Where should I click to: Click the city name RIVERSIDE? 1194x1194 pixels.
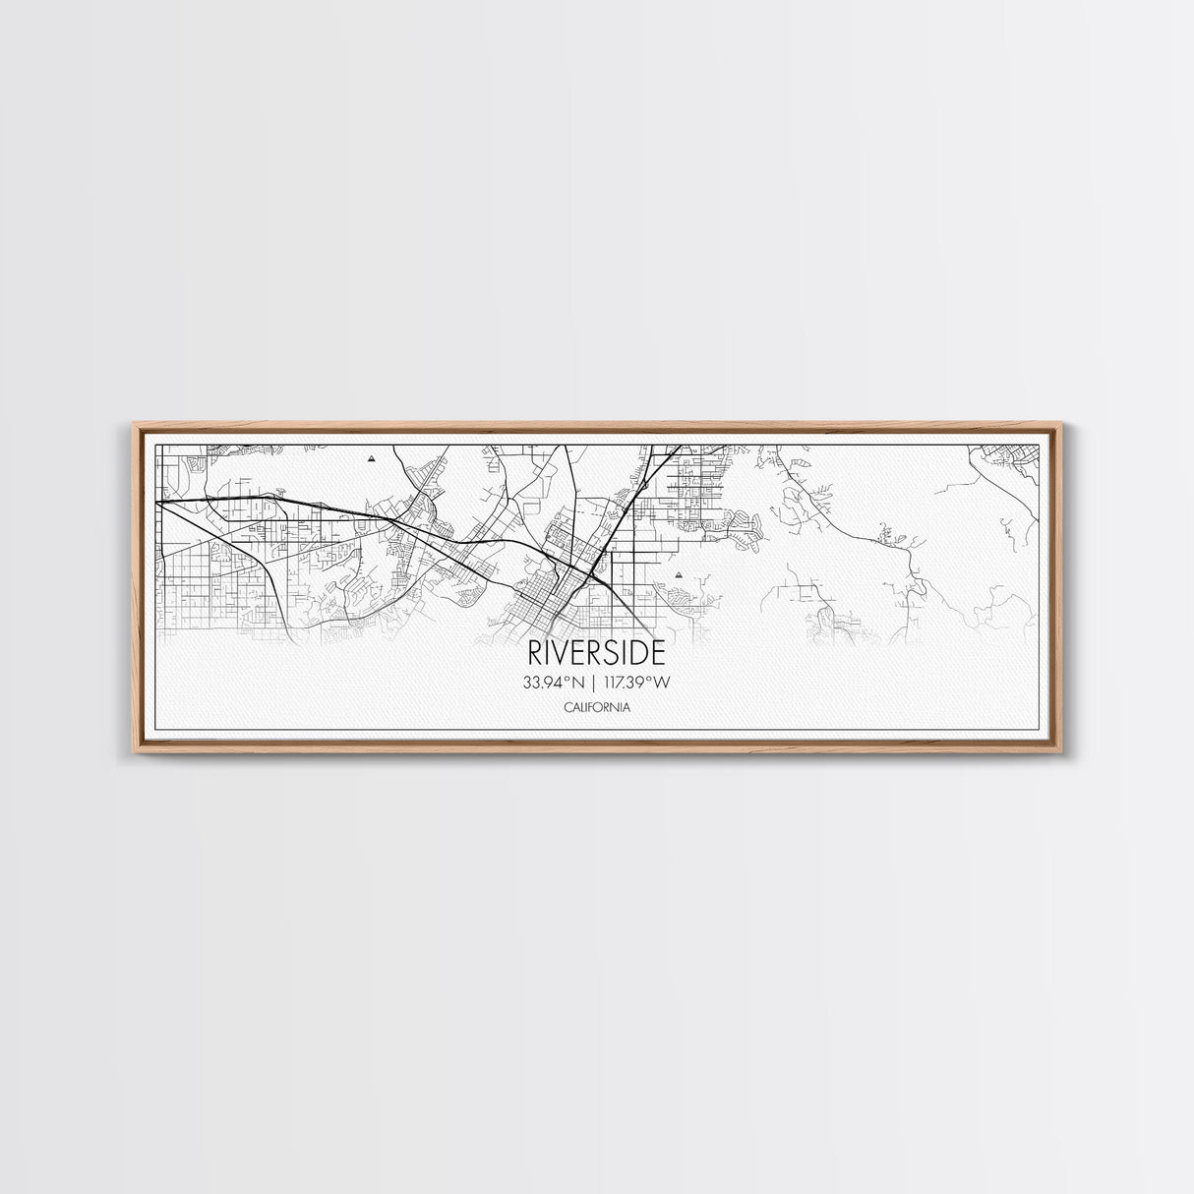click(596, 653)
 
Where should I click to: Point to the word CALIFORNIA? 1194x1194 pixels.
click(597, 707)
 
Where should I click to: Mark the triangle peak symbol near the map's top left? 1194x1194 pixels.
click(371, 458)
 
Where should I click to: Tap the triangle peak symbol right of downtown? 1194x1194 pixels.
click(678, 568)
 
